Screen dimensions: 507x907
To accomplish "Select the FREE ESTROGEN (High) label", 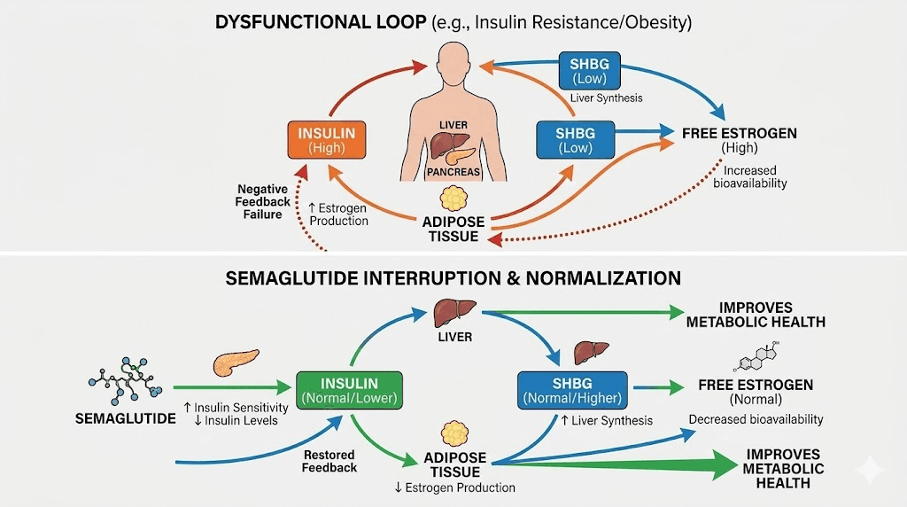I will pyautogui.click(x=740, y=140).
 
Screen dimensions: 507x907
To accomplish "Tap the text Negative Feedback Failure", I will pyautogui.click(x=264, y=202).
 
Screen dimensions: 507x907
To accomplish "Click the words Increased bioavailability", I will pyautogui.click(x=750, y=176).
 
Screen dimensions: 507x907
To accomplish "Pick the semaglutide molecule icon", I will pyautogui.click(x=124, y=378).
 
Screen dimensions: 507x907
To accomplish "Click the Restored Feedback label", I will pyautogui.click(x=328, y=461).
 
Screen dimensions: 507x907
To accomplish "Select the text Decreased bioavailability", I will pyautogui.click(x=756, y=419).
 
